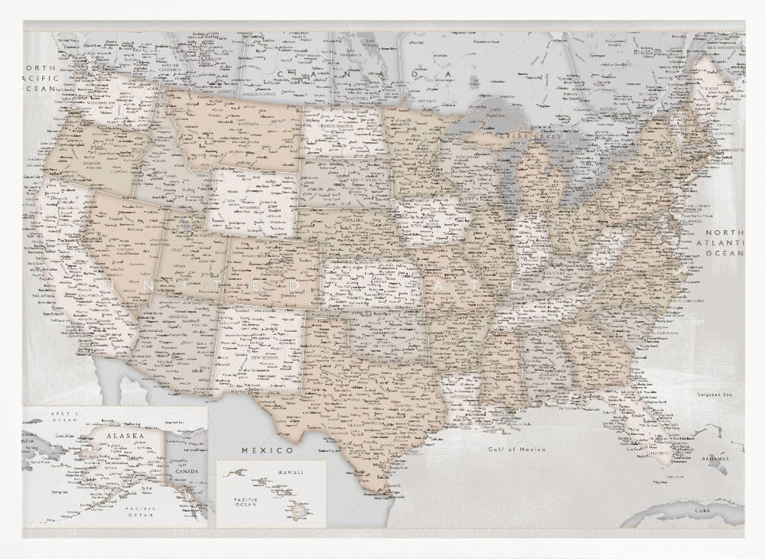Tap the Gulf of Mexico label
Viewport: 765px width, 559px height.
point(517,450)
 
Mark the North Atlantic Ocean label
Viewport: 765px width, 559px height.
point(724,242)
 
